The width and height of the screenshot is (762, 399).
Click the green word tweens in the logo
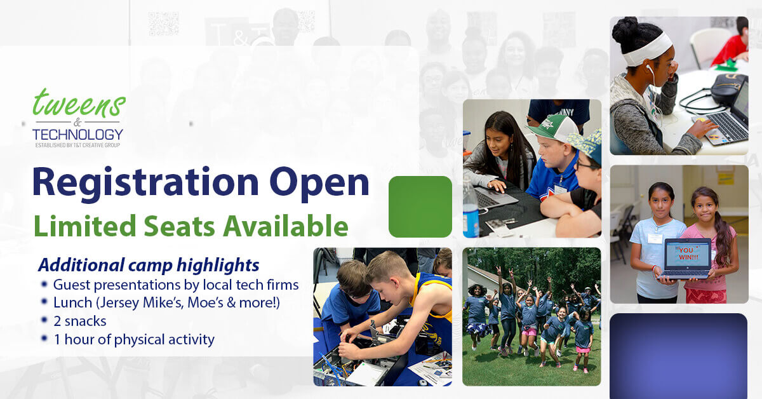pos(79,103)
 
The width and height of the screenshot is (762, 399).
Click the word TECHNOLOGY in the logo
pos(77,135)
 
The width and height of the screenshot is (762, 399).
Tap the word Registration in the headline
pos(145,184)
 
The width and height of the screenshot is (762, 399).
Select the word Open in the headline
pos(319,184)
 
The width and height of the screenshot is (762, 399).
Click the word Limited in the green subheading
pos(85,226)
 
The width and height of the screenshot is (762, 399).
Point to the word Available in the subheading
pos(285,226)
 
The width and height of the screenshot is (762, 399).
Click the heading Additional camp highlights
pos(149,265)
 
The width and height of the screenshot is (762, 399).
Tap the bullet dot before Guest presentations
pos(44,284)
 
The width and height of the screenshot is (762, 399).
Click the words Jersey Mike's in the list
pos(141,302)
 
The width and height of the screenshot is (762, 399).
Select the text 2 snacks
pos(80,321)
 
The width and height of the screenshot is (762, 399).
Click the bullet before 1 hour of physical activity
pos(44,338)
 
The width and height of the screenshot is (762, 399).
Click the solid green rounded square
pos(420,206)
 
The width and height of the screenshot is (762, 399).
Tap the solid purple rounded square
pos(679,356)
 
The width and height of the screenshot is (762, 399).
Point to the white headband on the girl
pos(649,49)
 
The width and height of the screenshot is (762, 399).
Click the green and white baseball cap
pos(553,128)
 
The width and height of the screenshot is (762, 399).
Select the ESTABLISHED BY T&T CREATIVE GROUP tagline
pos(77,145)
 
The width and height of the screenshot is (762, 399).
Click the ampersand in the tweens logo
pos(77,122)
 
